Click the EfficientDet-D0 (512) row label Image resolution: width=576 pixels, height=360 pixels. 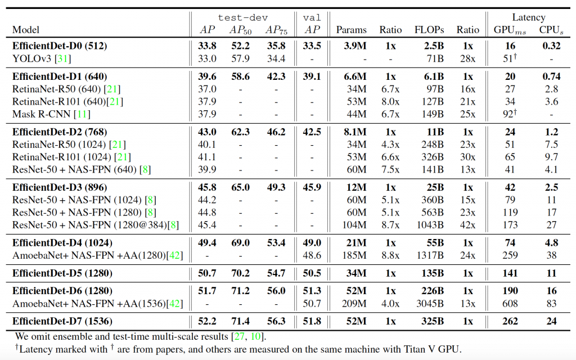pos(60,46)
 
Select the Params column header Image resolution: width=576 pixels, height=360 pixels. pos(352,30)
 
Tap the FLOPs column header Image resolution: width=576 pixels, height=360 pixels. pos(429,30)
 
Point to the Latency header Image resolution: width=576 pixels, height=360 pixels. pos(528,18)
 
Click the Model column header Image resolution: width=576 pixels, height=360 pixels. pos(26,30)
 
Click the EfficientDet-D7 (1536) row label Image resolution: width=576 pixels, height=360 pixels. pos(62,321)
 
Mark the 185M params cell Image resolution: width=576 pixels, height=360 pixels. pos(355,254)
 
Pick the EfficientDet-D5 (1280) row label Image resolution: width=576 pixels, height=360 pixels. pos(62,273)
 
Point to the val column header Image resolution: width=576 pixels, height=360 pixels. pos(312,18)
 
